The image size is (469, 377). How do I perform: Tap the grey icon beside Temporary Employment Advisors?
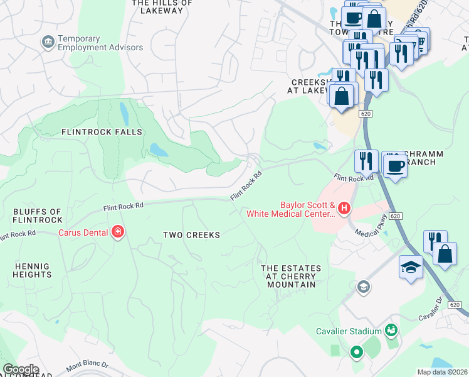point(47,42)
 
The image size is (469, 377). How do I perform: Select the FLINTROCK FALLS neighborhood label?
point(102,132)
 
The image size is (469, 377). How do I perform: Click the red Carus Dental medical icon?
point(117,232)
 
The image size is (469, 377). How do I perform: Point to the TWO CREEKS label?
point(191,235)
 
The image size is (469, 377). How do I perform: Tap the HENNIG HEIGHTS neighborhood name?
point(31,271)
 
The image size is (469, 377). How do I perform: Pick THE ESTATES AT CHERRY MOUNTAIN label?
point(291,276)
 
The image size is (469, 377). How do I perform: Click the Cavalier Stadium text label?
point(349,331)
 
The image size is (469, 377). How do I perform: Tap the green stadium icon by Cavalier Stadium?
point(392,329)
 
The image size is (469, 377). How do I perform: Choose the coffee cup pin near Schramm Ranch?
point(394,166)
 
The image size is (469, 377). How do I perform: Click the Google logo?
point(21,369)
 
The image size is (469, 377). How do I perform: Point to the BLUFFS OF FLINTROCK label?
point(38,216)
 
